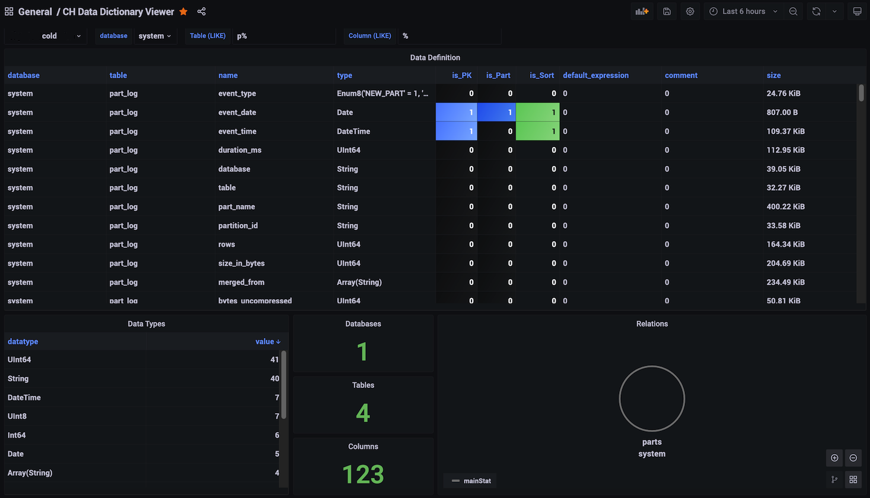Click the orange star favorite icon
pos(184,11)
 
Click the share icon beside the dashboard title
pos(202,11)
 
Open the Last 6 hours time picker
pos(744,11)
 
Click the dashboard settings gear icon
pos(690,11)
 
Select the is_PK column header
pos(461,75)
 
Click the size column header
pos(773,75)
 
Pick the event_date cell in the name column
pos(237,112)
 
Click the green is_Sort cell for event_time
pos(537,131)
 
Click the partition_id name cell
pos(238,225)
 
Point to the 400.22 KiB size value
pos(785,206)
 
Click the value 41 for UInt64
pos(274,359)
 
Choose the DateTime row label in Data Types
pos(24,397)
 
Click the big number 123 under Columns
pos(363,474)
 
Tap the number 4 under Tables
pos(363,413)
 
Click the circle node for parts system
pos(652,398)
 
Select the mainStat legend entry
pos(472,481)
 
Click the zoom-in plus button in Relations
pos(834,458)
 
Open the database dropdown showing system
pos(155,36)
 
